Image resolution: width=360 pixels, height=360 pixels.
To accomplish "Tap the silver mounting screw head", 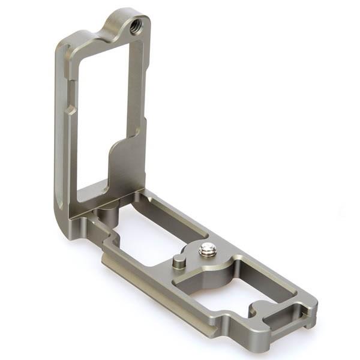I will coord(208,249).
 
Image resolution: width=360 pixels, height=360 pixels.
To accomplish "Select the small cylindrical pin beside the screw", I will coord(178,261).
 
